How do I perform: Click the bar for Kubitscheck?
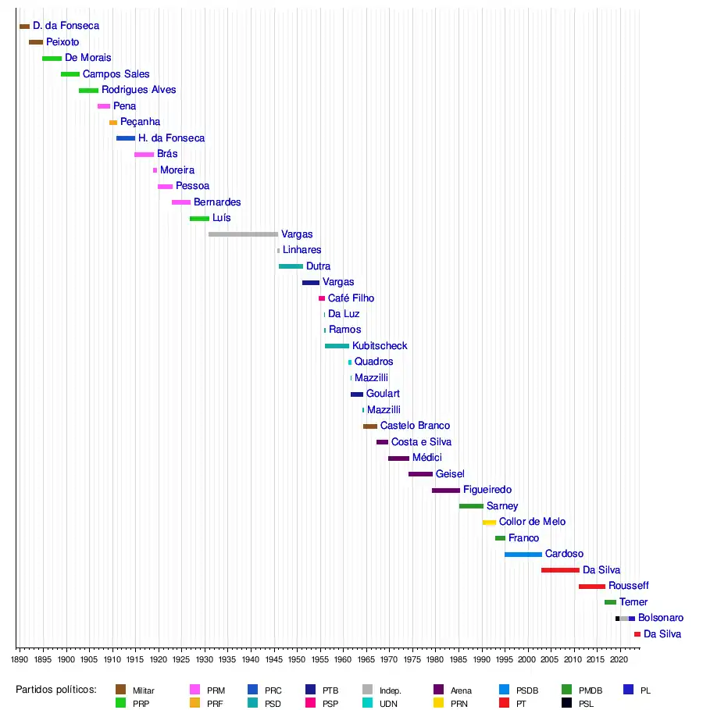(337, 346)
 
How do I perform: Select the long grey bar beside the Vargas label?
(243, 234)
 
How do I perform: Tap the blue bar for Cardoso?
(523, 555)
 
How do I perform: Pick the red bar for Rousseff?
(591, 586)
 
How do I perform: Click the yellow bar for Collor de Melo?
(489, 523)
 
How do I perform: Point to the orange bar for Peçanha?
(113, 123)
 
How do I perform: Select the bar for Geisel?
(420, 474)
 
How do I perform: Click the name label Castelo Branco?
(415, 426)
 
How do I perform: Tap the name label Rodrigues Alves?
(139, 90)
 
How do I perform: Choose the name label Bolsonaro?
(661, 619)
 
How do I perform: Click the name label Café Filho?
(351, 298)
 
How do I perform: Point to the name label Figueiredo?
(487, 491)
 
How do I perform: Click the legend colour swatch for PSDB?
(504, 690)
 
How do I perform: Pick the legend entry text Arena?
(461, 690)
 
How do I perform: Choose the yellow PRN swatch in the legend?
(439, 703)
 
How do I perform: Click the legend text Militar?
(144, 690)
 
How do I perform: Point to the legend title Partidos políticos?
(56, 690)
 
